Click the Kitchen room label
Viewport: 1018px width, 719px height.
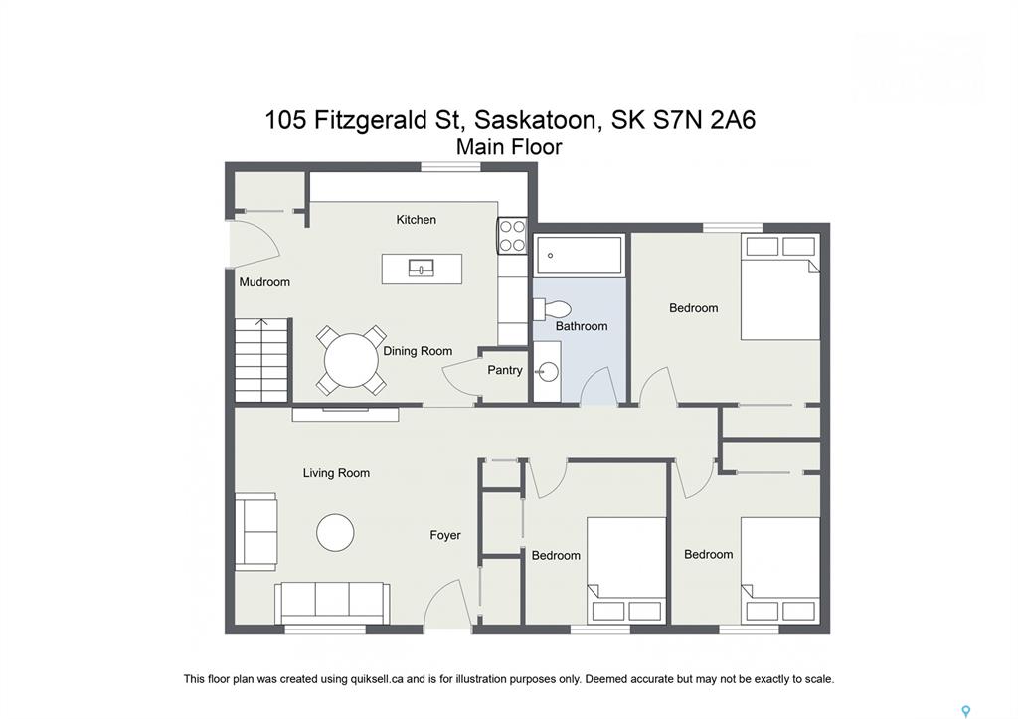[417, 220]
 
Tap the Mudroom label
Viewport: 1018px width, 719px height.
[264, 281]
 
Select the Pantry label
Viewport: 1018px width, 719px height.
[504, 370]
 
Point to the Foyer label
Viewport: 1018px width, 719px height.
[444, 535]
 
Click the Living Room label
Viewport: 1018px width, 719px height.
[336, 473]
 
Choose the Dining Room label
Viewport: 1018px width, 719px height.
[418, 351]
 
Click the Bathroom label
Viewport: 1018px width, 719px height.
[581, 326]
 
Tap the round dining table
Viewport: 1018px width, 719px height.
[351, 360]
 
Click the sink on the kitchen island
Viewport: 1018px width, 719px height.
[422, 268]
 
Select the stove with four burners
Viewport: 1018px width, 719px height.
[512, 235]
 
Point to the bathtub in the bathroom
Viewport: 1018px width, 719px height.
[580, 254]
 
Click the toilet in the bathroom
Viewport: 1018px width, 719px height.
[552, 308]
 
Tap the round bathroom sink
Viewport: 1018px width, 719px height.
[548, 372]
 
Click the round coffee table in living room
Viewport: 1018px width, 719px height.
[335, 533]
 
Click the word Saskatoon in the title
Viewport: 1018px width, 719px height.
[534, 120]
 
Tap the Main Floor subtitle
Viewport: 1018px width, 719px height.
[509, 147]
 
